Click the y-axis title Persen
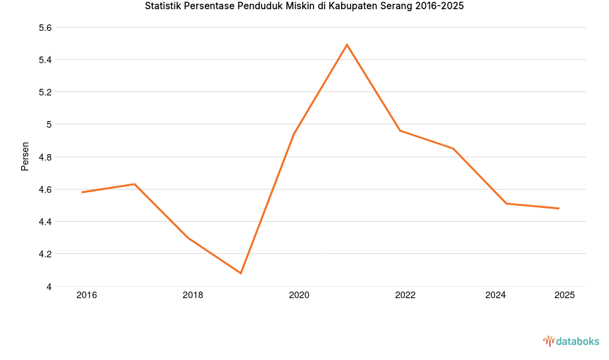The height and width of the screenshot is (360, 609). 25,156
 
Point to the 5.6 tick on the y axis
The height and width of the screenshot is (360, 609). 45,28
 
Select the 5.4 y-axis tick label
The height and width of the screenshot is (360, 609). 45,60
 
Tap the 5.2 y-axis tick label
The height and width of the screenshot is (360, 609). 45,92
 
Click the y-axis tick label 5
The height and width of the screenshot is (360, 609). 49,124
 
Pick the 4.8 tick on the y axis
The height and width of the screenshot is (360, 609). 45,157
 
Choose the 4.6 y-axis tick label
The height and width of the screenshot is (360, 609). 45,190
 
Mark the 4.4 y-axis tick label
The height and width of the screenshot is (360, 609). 45,222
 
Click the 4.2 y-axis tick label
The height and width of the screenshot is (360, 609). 45,254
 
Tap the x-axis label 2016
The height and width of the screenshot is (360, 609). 86,296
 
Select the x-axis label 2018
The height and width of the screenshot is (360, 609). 193,296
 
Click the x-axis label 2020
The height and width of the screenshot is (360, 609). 299,296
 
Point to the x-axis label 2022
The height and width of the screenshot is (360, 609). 405,296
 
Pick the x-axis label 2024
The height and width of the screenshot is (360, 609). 495,296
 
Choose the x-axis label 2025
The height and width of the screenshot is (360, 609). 564,296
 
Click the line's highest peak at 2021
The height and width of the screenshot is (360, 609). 347,45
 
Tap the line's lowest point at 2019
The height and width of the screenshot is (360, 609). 241,273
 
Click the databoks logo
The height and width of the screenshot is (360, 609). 571,341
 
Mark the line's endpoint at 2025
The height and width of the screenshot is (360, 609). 559,209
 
